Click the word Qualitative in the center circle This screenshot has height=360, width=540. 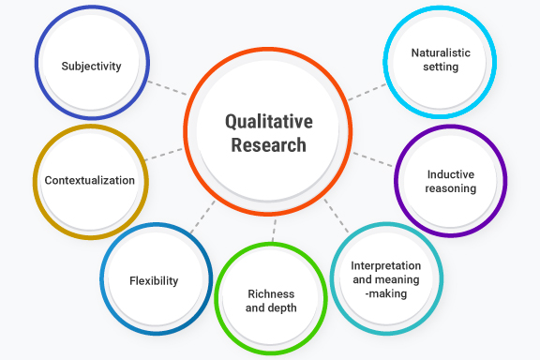click(268, 122)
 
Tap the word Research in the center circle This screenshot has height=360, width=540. click(268, 145)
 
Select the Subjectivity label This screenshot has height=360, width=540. click(91, 67)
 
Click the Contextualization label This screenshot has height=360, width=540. click(90, 180)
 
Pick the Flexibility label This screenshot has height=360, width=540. click(155, 280)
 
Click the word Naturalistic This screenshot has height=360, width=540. click(440, 53)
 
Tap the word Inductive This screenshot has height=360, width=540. click(450, 174)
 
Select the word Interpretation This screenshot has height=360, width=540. click(385, 266)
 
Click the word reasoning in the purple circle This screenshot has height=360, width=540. click(450, 188)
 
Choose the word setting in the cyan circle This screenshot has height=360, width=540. click(440, 67)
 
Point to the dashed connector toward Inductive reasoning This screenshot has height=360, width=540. click(373, 158)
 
